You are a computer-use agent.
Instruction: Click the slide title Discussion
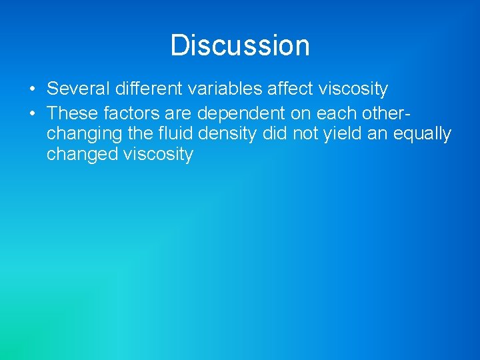click(240, 45)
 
